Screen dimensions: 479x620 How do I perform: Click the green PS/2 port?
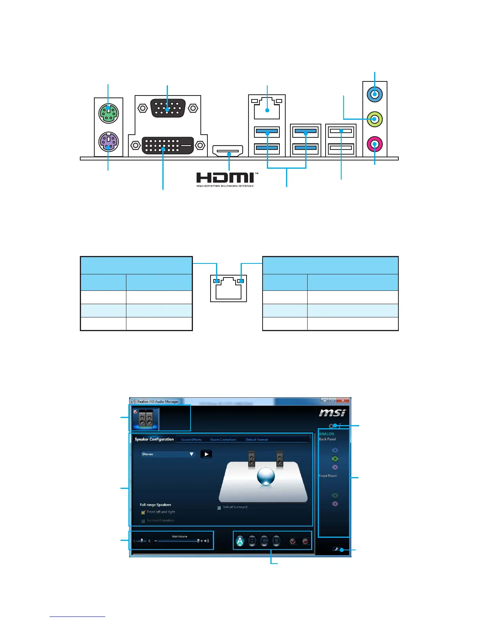pos(108,113)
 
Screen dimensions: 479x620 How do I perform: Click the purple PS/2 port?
pos(108,142)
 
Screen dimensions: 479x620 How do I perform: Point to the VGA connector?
pos(167,108)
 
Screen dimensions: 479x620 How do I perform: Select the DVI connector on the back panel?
pos(167,145)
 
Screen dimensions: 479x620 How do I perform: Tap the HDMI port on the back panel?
pos(228,150)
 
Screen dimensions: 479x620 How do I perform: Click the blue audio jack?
pos(375,94)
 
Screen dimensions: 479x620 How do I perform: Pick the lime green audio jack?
pos(375,119)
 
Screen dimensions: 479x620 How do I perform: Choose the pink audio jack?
pos(375,144)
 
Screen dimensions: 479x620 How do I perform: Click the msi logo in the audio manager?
pos(332,413)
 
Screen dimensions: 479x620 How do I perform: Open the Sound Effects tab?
pos(191,440)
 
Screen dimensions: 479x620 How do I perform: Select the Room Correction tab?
pos(223,440)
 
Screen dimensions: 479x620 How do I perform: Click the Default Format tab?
pos(257,440)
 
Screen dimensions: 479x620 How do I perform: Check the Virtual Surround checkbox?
pos(219,508)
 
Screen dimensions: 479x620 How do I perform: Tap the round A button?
pos(240,541)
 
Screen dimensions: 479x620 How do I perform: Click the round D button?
pos(276,541)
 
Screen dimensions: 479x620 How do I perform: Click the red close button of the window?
pos(343,400)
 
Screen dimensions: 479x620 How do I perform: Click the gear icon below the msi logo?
pos(331,426)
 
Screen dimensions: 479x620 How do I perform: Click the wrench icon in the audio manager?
pos(336,550)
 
